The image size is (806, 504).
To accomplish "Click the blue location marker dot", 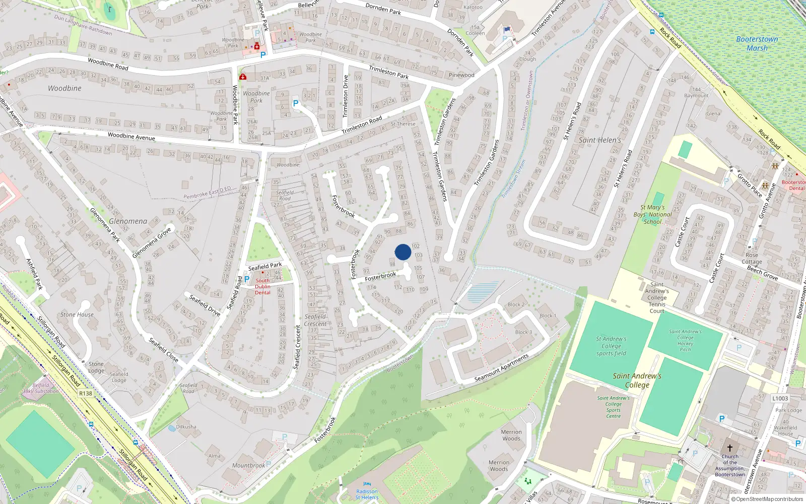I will (403, 252).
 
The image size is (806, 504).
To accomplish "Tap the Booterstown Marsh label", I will (757, 44).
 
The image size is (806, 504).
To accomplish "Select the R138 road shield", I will (86, 394).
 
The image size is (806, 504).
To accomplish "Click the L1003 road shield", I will (780, 398).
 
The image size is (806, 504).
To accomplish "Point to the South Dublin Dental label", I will (262, 287).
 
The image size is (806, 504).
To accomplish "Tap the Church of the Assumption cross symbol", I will (729, 448).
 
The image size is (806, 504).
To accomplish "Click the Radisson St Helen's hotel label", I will (367, 494).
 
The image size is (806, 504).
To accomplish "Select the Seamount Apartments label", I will (502, 368).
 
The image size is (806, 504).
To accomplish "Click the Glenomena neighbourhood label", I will (128, 221).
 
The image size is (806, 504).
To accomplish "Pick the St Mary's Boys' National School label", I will (653, 214).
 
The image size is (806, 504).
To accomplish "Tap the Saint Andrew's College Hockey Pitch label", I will (685, 341).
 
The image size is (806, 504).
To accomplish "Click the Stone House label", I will (77, 314).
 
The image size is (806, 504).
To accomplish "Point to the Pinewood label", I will (461, 75).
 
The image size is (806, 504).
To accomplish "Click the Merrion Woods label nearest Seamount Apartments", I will (511, 435).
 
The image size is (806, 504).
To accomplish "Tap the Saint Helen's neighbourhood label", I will (600, 140).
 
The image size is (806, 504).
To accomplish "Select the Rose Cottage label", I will (752, 258).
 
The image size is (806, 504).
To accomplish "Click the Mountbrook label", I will (248, 466).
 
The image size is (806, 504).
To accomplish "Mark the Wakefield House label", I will (785, 431).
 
